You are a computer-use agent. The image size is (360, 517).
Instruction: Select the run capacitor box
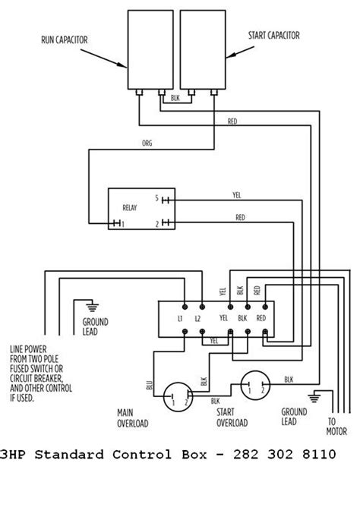coord(150,51)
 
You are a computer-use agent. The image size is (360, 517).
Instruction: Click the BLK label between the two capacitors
coord(175,97)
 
